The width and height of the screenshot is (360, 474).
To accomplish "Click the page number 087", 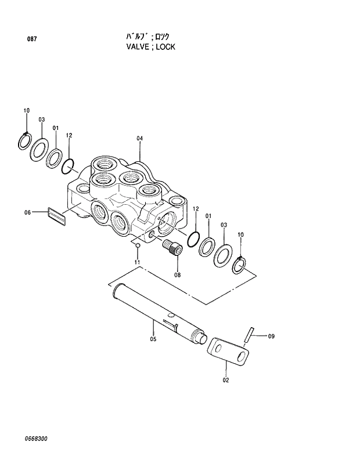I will point(32,39).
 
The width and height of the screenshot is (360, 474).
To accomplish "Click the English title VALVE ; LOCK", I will point(150,47).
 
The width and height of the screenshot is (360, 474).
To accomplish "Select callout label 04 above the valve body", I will point(140,138).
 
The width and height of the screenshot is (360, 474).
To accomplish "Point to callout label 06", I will point(27,213).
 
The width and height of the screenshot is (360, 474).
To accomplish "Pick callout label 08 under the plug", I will point(177,275).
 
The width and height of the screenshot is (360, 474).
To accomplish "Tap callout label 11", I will point(138,262).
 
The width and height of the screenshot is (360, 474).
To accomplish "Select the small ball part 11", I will point(138,245).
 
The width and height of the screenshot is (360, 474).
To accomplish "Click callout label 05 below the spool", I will point(153,339).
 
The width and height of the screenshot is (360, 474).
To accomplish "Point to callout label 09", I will point(271,335).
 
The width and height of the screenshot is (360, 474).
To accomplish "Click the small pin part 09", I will point(250,335).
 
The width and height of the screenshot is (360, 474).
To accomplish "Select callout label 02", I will point(226,381).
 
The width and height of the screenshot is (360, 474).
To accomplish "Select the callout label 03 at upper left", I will point(42,120).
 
